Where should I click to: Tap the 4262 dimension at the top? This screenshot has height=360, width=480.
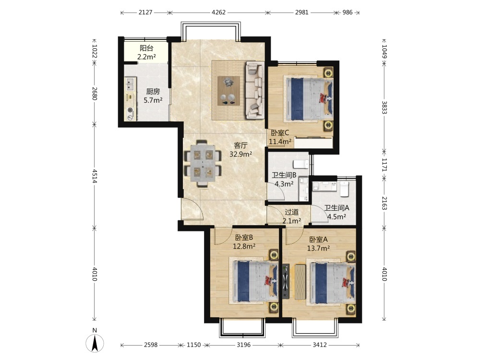(x=218, y=12)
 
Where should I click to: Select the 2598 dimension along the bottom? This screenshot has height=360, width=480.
(x=151, y=345)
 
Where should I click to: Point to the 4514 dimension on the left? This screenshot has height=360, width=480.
(x=95, y=176)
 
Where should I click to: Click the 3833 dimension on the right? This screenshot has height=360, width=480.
(x=384, y=108)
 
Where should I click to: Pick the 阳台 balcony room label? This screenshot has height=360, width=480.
(x=146, y=48)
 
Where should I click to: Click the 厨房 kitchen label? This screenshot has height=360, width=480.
(x=153, y=91)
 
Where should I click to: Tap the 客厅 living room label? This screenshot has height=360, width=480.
(x=240, y=145)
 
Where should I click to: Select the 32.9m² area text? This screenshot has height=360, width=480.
(x=240, y=154)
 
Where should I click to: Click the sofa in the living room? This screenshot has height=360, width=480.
(x=254, y=90)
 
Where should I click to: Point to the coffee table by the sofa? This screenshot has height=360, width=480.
(x=228, y=91)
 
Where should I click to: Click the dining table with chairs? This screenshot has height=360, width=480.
(x=203, y=163)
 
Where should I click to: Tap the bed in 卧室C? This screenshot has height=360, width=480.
(x=309, y=98)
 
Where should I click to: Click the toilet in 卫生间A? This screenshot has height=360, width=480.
(x=344, y=188)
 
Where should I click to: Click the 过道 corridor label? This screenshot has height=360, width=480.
(x=291, y=212)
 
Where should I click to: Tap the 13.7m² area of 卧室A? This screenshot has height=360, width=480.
(x=318, y=248)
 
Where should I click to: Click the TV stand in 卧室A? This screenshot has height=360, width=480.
(x=286, y=281)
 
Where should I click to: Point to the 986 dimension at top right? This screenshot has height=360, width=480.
(x=348, y=12)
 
